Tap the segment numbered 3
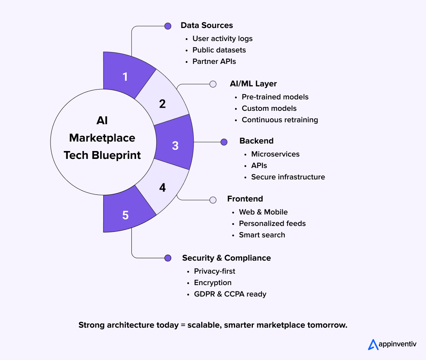pyautogui.click(x=175, y=145)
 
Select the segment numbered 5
pyautogui.click(x=125, y=215)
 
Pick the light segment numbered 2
pyautogui.click(x=163, y=104)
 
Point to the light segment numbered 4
pyautogui.click(x=163, y=188)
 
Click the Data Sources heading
pyautogui.click(x=207, y=26)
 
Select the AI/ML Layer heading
pyautogui.click(x=253, y=84)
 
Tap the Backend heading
pyautogui.click(x=256, y=141)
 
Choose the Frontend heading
pyautogui.click(x=245, y=199)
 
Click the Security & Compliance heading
pyautogui.click(x=226, y=258)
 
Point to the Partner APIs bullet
pyautogui.click(x=214, y=62)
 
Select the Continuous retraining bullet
pyautogui.click(x=280, y=120)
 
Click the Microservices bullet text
pyautogui.click(x=275, y=154)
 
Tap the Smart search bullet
pyautogui.click(x=262, y=235)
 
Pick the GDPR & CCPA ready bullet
pyautogui.click(x=230, y=294)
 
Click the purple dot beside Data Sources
pyautogui.click(x=168, y=26)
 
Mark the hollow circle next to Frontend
pyautogui.click(x=213, y=200)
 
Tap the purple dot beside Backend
pyautogui.click(x=224, y=142)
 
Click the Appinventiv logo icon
pyautogui.click(x=373, y=344)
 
